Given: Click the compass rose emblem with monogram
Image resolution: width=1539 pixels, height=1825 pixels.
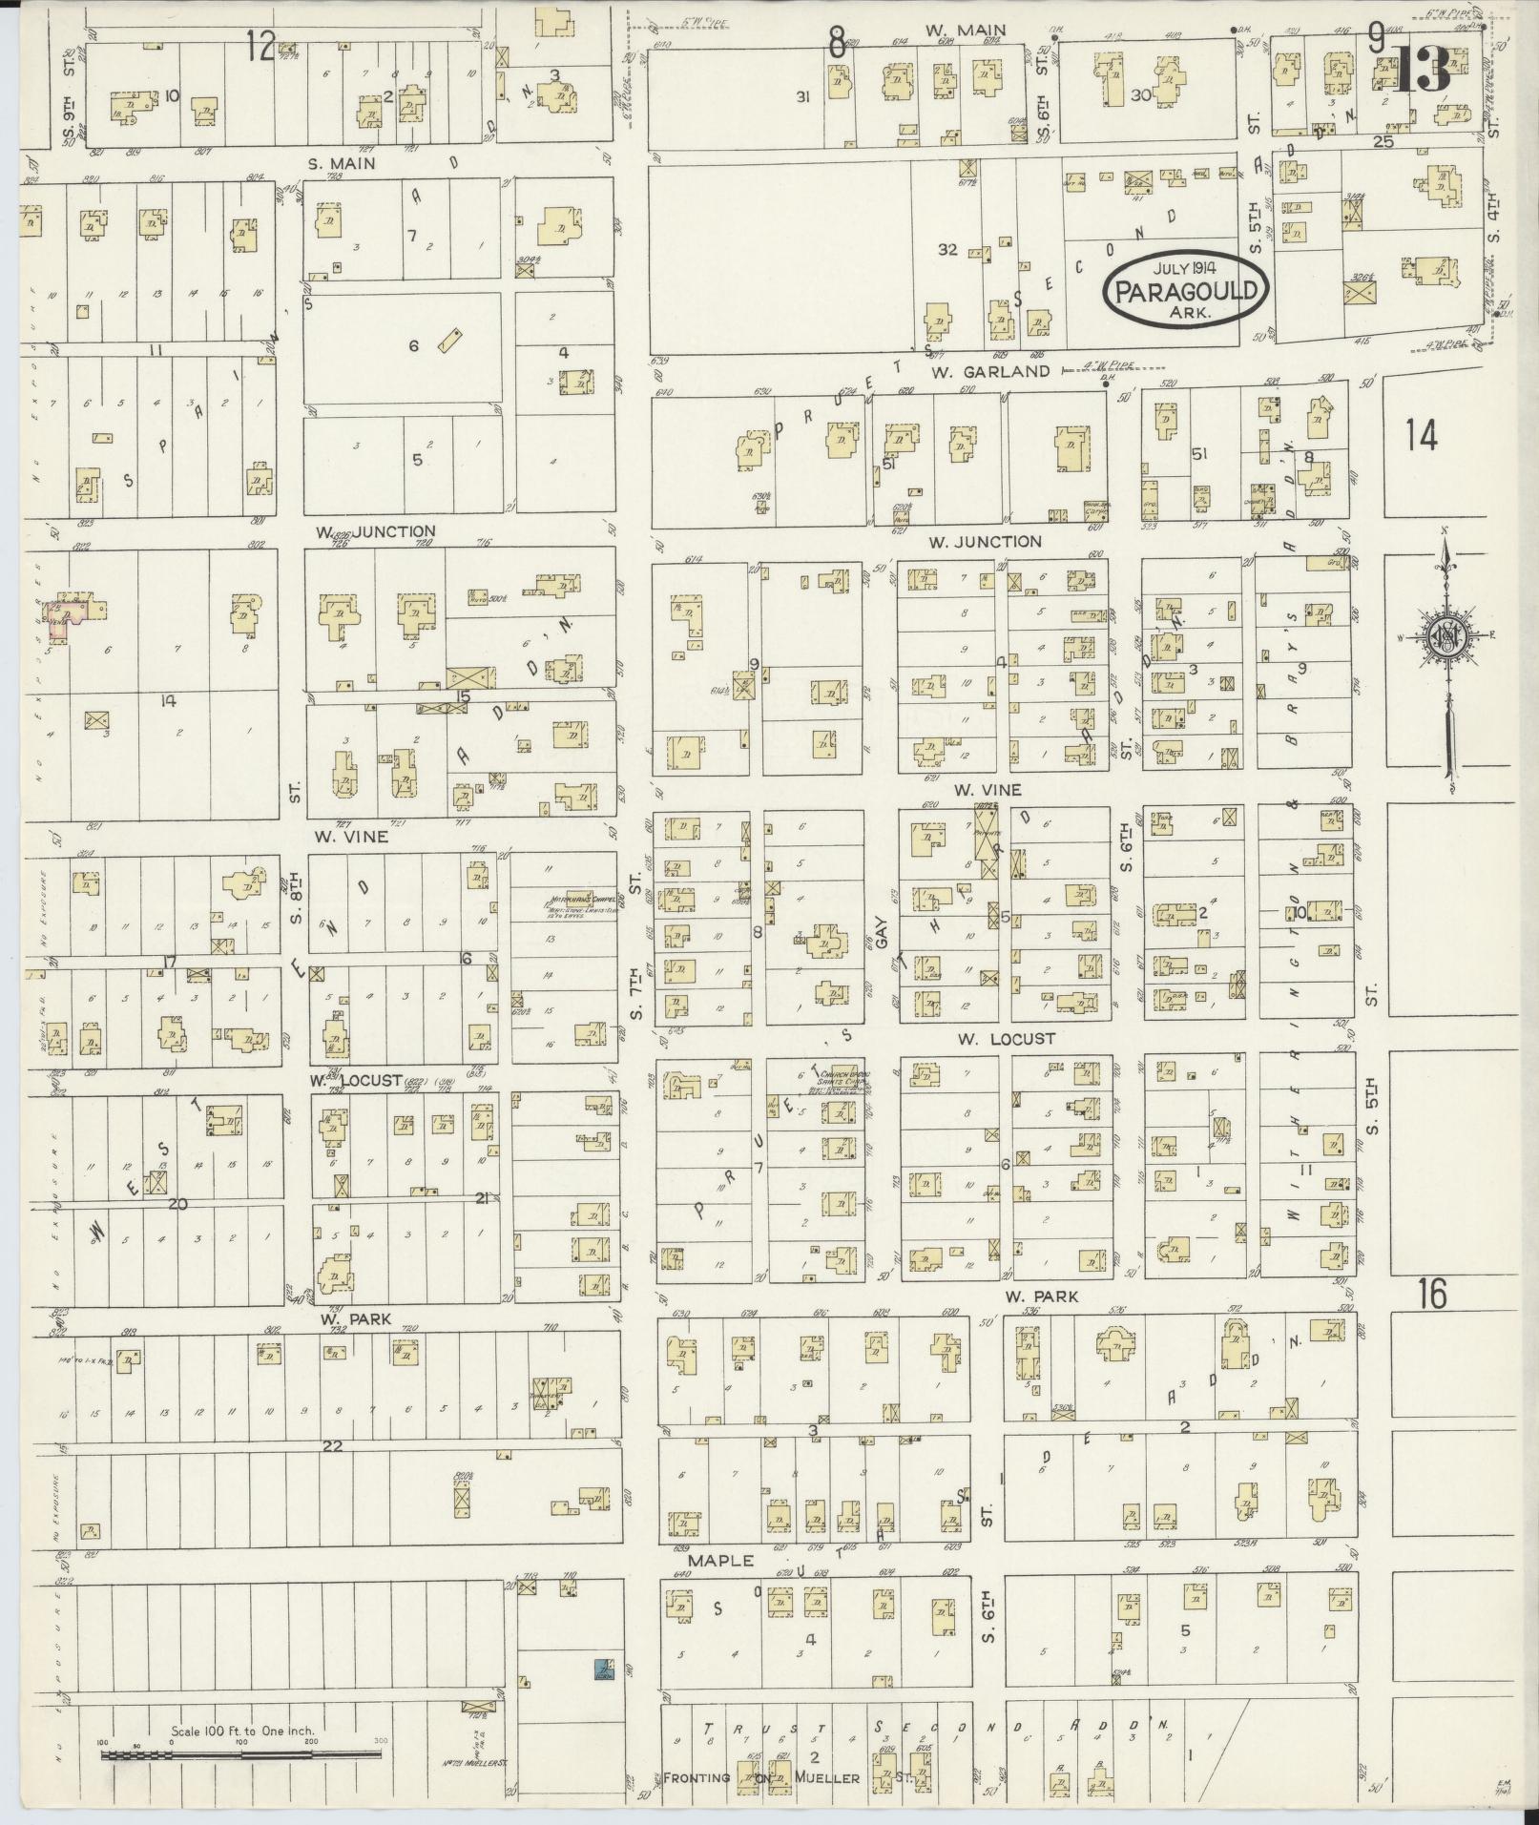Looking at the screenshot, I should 1445,640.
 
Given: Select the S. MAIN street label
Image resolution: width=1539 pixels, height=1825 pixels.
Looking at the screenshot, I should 341,163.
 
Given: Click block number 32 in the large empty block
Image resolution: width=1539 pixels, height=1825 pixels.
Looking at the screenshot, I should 946,249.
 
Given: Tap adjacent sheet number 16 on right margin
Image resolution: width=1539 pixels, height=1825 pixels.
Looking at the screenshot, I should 1432,1295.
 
